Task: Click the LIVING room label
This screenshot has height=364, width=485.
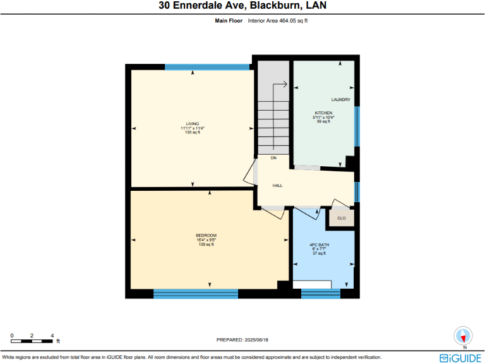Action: (x=192, y=123)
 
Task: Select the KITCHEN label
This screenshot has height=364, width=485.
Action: (x=323, y=113)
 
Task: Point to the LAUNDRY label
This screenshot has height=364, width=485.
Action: (x=341, y=100)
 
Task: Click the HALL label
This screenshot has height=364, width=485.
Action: (x=277, y=186)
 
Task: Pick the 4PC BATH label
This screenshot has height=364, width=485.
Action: (x=319, y=245)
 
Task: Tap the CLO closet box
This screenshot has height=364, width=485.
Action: (x=341, y=218)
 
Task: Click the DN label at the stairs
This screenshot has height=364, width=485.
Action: (x=273, y=157)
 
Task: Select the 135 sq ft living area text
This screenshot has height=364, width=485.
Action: (x=192, y=132)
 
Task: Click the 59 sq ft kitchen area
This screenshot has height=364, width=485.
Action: (x=323, y=121)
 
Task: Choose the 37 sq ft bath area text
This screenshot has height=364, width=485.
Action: (x=319, y=253)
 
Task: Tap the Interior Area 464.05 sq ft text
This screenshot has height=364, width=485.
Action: (x=278, y=21)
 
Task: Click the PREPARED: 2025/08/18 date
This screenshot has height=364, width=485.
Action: (x=243, y=339)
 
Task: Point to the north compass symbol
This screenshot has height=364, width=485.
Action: (x=464, y=336)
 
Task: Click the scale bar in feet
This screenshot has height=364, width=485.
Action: (x=32, y=340)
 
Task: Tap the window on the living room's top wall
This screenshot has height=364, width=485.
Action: (x=207, y=66)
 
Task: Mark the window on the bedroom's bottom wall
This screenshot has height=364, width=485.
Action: (x=196, y=293)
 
